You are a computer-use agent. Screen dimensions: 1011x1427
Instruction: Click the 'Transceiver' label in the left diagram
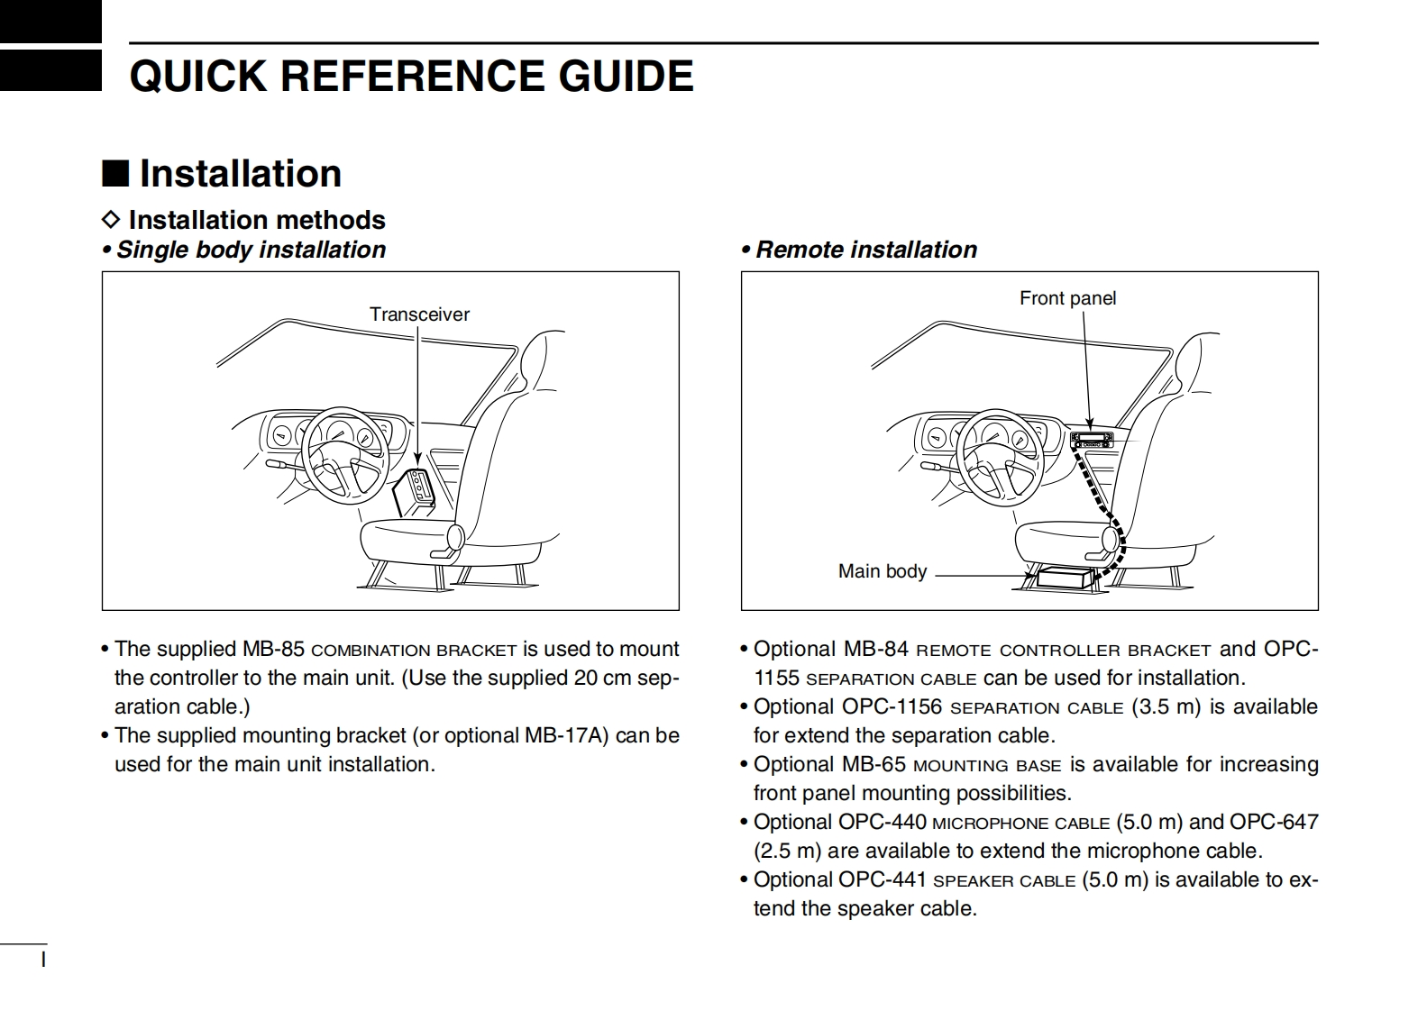[419, 314]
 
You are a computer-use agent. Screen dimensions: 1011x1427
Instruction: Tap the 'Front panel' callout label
[1067, 298]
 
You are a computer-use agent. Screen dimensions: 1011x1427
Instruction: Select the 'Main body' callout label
[883, 571]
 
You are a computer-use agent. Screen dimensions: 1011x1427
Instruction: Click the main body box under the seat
[1066, 577]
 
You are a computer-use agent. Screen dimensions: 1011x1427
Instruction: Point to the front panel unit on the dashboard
[1092, 440]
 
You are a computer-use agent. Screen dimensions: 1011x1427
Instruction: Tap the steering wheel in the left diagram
[345, 452]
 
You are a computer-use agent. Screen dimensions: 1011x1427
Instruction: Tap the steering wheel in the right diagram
[1000, 452]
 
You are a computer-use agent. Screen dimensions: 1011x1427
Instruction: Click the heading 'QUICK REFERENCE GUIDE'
[411, 77]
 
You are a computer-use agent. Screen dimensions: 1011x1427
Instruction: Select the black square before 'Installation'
[114, 173]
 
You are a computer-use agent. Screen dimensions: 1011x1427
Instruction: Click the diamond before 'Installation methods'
[111, 220]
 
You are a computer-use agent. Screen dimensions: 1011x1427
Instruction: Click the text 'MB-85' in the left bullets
[273, 649]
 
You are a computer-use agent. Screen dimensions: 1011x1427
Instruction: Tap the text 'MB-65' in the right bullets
[874, 764]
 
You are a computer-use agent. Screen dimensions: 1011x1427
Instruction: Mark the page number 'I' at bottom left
[43, 960]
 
